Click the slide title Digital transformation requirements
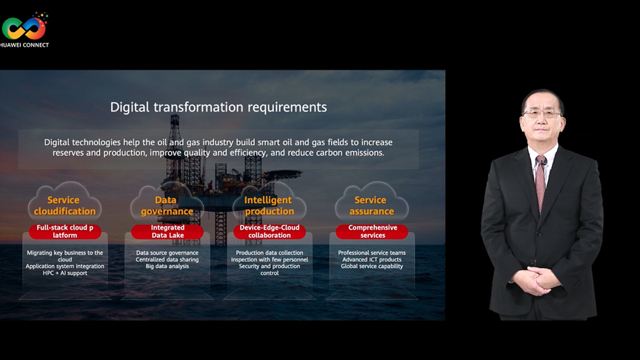(x=219, y=107)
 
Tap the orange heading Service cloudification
(x=64, y=206)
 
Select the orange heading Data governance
(x=167, y=206)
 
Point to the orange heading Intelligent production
(x=269, y=206)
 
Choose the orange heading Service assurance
(x=371, y=206)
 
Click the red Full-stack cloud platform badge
(x=65, y=231)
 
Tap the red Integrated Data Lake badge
(x=167, y=231)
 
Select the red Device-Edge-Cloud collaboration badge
(x=270, y=231)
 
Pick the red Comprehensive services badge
(x=372, y=231)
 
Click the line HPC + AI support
(x=65, y=273)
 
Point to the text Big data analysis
(x=167, y=266)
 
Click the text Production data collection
(x=270, y=253)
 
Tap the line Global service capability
(x=372, y=266)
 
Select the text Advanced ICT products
(x=372, y=259)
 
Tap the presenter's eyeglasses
(x=542, y=113)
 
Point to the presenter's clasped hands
(x=535, y=280)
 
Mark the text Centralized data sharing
(x=167, y=259)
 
